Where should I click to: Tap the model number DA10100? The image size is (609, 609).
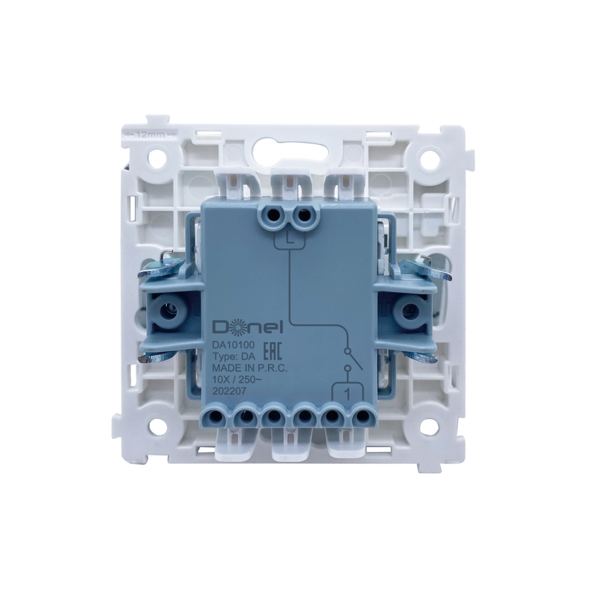coord(233,343)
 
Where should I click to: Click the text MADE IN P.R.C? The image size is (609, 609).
coord(249,368)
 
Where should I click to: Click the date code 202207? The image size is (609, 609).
coord(229,392)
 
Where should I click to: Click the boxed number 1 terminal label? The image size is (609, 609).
coord(348,393)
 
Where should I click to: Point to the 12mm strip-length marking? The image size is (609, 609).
coord(150,135)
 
